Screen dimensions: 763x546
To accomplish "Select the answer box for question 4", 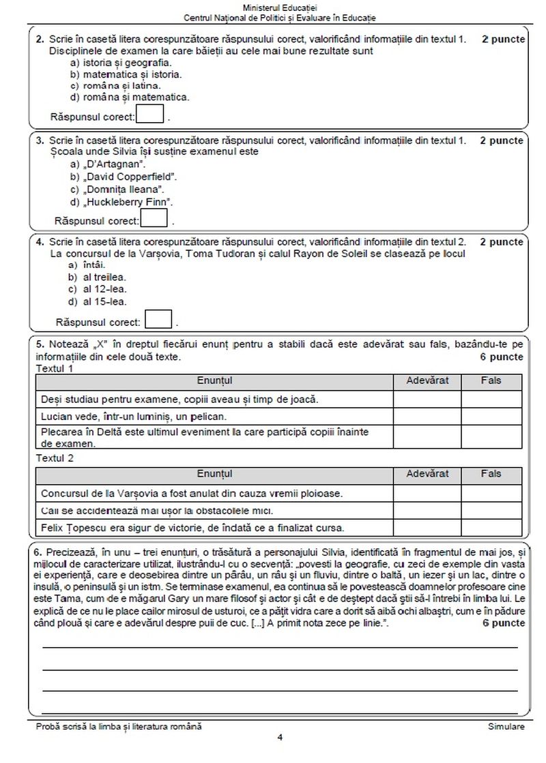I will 159,319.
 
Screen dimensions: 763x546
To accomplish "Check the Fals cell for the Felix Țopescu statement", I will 491,526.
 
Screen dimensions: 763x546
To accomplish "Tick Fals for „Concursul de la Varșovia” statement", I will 491,492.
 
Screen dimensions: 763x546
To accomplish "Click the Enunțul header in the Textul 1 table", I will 214,380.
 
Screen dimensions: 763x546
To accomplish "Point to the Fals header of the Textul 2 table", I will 491,473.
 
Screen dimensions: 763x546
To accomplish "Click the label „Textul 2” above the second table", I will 54,458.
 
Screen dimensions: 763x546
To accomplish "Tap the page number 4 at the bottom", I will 280,737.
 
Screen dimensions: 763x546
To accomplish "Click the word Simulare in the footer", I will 506,727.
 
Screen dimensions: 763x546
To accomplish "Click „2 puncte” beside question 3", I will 502,141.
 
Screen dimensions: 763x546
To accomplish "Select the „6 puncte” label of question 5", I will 502,357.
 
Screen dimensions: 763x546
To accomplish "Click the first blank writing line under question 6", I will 280,645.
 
